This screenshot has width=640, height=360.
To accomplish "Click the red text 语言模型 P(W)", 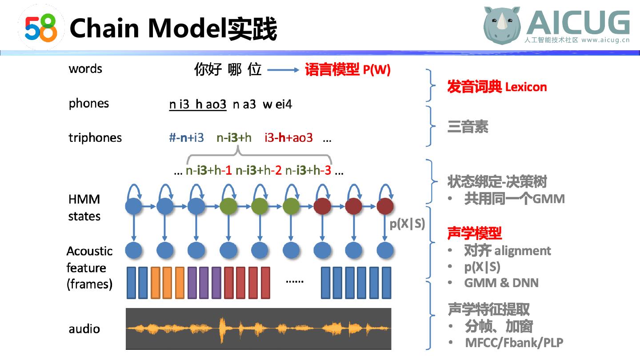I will (x=348, y=70).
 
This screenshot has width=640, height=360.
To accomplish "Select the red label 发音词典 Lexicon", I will (x=497, y=87).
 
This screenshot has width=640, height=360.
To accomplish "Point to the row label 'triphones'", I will (x=95, y=138).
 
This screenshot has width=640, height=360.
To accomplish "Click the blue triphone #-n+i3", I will (x=186, y=138).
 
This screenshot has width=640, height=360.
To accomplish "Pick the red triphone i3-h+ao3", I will (x=288, y=138).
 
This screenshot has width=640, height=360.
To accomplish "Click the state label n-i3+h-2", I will (x=259, y=170).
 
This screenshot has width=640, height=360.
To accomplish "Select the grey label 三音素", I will (x=468, y=127).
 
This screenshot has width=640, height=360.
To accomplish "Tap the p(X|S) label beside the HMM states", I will (x=407, y=224).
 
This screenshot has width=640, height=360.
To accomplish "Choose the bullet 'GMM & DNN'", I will (x=501, y=283).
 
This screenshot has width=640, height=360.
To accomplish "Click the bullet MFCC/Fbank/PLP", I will (x=514, y=343).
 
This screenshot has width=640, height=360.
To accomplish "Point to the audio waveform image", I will (x=259, y=328).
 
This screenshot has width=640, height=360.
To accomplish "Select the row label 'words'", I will (x=85, y=69).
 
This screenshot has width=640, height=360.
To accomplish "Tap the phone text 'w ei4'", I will (x=277, y=104).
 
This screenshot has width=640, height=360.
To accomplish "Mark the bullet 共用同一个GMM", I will (x=514, y=198).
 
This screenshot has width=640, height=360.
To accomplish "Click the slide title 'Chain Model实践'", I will (x=173, y=28).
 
